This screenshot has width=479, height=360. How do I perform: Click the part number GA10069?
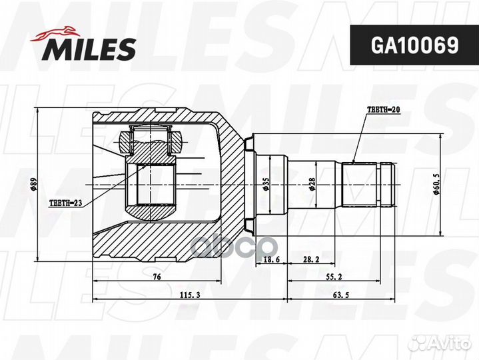[x=414, y=45]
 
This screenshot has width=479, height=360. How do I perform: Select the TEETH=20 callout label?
[x=383, y=109]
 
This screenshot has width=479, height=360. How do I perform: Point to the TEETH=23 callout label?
[x=66, y=203]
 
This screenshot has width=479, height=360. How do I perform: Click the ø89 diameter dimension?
[x=33, y=185]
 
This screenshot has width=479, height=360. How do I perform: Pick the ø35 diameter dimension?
[x=266, y=184]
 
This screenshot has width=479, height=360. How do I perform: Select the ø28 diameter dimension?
[x=312, y=184]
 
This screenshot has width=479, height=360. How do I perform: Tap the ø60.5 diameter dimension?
[x=436, y=184]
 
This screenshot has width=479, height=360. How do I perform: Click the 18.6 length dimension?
[x=271, y=259]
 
